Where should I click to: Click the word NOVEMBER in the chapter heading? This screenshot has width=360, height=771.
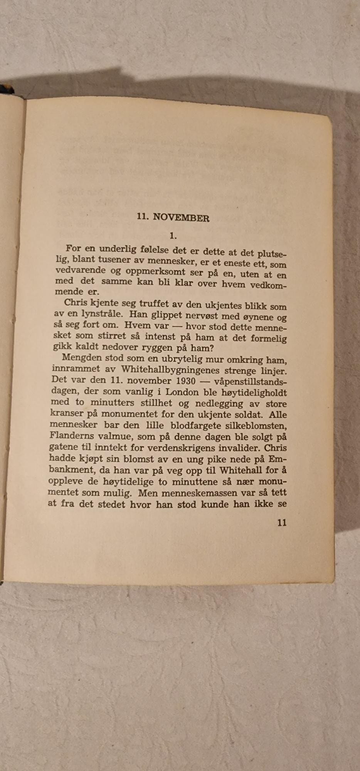[181, 218]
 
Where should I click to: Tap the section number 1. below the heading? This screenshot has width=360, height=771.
[173, 236]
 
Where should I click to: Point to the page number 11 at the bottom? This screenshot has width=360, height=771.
[282, 522]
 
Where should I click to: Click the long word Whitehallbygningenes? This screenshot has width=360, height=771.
[170, 370]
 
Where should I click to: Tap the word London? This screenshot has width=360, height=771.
[182, 392]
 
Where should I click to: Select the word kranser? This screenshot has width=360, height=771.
[66, 414]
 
